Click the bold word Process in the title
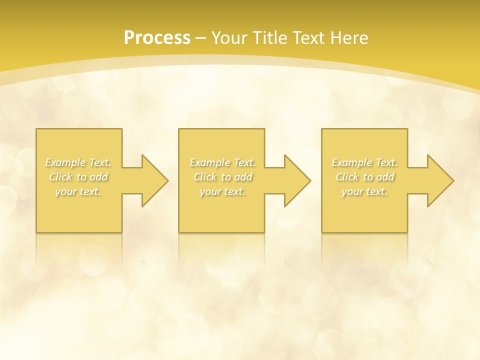[x=157, y=38]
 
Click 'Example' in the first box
[x=65, y=162]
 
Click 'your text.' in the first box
[x=78, y=191]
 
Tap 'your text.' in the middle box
[x=222, y=191]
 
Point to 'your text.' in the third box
[x=364, y=191]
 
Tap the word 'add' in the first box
[x=99, y=177]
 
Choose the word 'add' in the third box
[x=386, y=177]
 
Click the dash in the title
[x=201, y=38]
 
